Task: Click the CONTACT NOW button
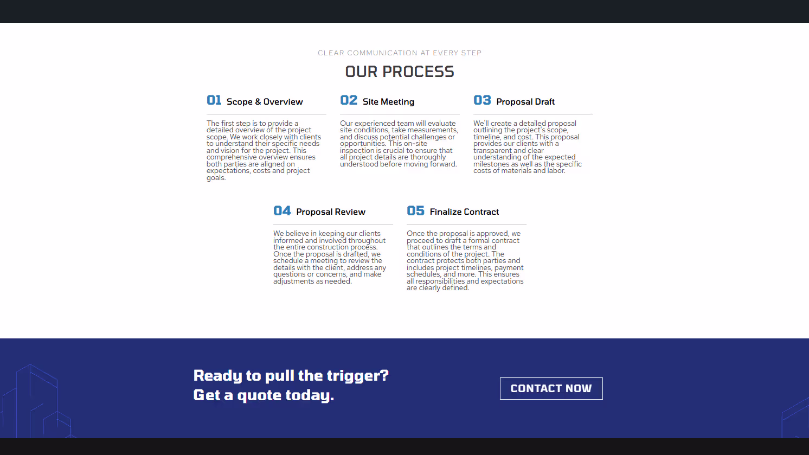(551, 388)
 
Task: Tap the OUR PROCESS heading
(400, 72)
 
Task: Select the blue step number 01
(214, 100)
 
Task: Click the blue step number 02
(349, 100)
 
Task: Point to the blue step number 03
(482, 100)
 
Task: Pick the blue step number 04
(282, 210)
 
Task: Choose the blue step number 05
(415, 210)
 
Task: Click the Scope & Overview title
(265, 102)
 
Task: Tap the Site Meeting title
(388, 102)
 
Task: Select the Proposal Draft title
(525, 102)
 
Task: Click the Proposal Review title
(331, 212)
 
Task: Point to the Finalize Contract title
(464, 212)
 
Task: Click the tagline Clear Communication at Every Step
(400, 53)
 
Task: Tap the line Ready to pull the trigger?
(291, 376)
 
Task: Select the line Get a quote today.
(264, 395)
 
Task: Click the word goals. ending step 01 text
(216, 178)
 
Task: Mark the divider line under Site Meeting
(400, 114)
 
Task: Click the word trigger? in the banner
(357, 376)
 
